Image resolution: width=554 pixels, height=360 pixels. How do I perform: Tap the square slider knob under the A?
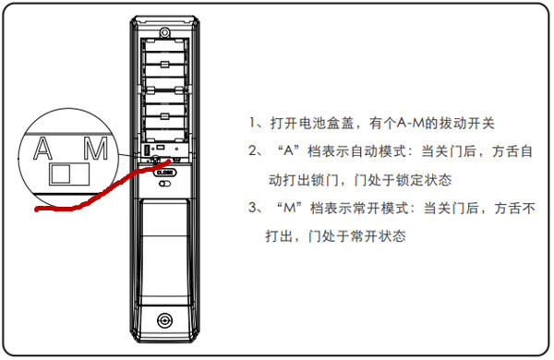click(x=59, y=174)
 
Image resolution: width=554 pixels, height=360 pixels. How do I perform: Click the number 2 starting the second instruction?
click(x=253, y=151)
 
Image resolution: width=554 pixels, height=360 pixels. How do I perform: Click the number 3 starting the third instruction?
click(x=253, y=209)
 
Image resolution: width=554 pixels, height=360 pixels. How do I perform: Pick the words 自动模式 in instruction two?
click(x=370, y=151)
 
